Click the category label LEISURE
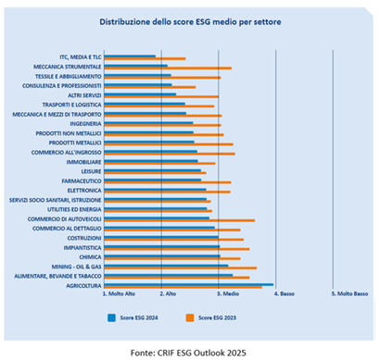click(x=90, y=170)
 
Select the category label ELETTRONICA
click(x=83, y=190)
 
